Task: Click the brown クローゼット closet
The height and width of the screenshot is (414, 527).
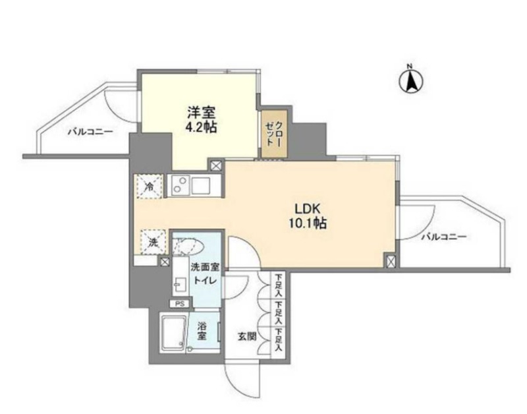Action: [273, 134]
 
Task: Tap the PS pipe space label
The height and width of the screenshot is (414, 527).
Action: [180, 304]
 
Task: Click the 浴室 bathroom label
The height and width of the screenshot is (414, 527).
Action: [203, 330]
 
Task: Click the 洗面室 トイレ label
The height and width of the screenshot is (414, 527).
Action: [206, 274]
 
